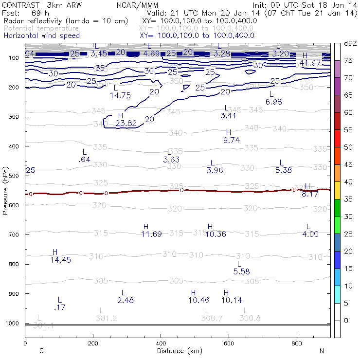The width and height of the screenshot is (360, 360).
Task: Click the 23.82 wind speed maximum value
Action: pyautogui.click(x=126, y=123)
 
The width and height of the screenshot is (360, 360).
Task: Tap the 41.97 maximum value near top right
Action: pyautogui.click(x=310, y=63)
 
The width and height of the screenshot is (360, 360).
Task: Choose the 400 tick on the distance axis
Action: pyautogui.click(x=161, y=343)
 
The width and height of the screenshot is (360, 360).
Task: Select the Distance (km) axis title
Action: pyautogui.click(x=174, y=351)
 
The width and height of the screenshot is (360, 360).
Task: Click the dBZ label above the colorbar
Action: pyautogui.click(x=350, y=43)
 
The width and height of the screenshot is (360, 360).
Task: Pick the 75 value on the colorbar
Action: pyautogui.click(x=348, y=60)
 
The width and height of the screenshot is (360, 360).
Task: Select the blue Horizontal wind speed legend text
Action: pyautogui.click(x=41, y=36)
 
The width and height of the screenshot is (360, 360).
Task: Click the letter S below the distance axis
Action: pyautogui.click(x=42, y=350)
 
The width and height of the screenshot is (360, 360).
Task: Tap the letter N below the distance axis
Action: pyautogui.click(x=322, y=350)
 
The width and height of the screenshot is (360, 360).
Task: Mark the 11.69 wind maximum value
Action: pyautogui.click(x=151, y=234)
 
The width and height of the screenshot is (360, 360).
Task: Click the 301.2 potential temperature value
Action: pyautogui.click(x=106, y=318)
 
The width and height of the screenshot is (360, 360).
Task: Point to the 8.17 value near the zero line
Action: pyautogui.click(x=310, y=194)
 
